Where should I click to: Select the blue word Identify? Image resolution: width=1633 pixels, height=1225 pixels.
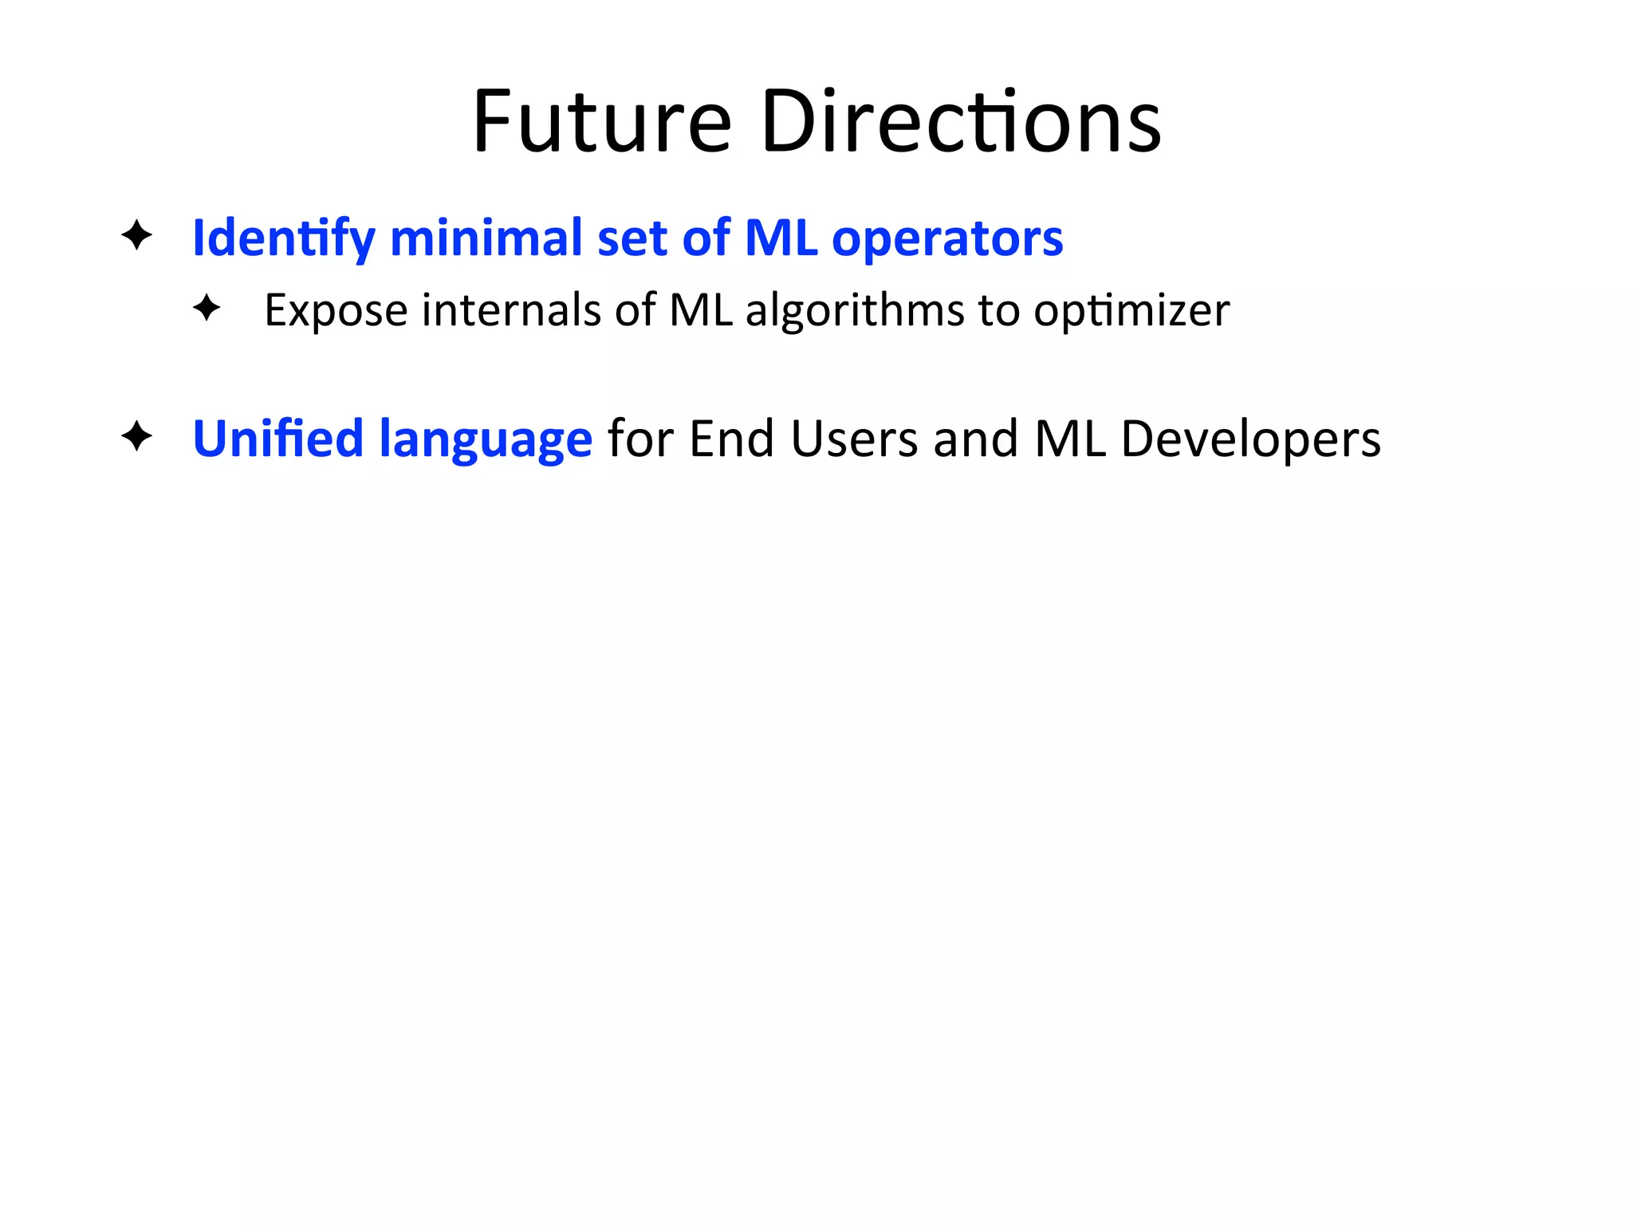point(283,238)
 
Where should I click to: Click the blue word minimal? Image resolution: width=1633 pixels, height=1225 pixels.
point(486,238)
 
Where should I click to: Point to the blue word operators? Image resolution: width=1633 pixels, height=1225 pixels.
point(946,238)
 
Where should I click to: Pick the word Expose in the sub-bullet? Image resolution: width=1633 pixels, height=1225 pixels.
point(336,310)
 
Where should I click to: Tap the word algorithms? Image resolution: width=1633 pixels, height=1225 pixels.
point(854,309)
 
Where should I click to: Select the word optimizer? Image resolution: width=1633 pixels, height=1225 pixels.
point(1131,310)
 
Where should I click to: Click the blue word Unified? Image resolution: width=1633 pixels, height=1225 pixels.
point(277,439)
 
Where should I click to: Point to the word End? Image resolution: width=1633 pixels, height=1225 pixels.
point(731,439)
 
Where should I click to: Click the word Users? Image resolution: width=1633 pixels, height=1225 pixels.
point(854,439)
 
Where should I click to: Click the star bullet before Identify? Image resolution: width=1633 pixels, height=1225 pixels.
point(137,235)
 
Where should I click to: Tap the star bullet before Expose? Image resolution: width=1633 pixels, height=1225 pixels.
point(207,308)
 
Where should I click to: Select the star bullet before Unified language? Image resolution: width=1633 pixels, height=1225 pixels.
point(137,436)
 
